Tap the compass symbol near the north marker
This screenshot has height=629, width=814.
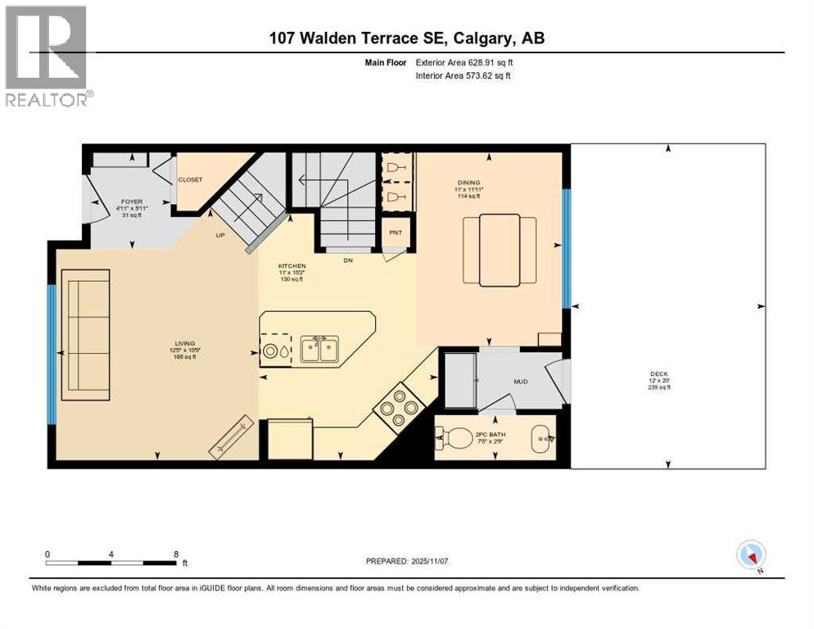(750, 554)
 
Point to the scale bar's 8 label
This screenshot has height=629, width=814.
(176, 554)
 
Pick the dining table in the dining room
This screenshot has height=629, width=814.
(500, 250)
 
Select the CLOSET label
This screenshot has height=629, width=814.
(190, 179)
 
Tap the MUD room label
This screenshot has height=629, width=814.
(520, 382)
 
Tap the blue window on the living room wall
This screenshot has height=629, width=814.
(52, 353)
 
